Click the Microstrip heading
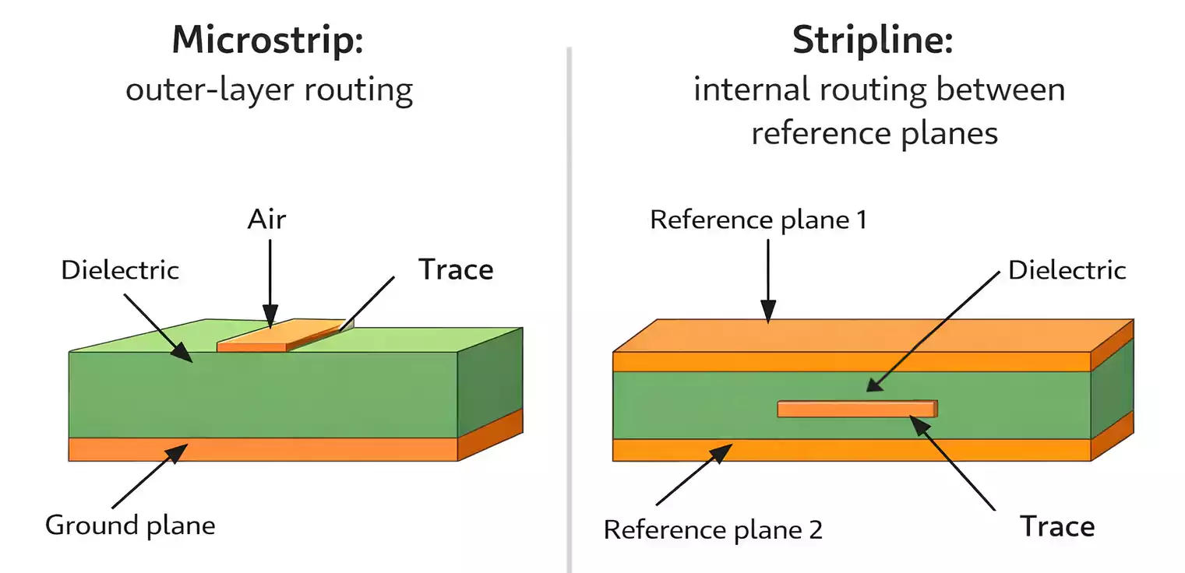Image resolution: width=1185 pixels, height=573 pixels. (268, 40)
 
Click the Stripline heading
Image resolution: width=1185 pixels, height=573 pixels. (873, 40)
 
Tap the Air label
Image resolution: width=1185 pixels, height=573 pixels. (266, 220)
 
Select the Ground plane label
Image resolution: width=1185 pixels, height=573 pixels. (130, 525)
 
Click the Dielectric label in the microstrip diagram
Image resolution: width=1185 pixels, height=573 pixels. (120, 270)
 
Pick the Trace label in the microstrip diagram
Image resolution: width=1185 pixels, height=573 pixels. (456, 269)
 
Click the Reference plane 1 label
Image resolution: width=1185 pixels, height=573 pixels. (758, 220)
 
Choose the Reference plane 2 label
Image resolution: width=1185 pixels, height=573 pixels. (713, 529)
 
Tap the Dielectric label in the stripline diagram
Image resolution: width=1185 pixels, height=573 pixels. (1067, 270)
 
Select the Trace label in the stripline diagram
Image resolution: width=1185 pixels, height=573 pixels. (1057, 527)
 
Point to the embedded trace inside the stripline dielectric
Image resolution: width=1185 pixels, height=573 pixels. (857, 409)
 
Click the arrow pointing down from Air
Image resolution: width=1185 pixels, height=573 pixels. (270, 280)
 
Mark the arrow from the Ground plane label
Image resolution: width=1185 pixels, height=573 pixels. (148, 475)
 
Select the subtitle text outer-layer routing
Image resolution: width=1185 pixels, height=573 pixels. (269, 90)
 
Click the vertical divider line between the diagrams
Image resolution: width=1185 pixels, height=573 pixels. (570, 311)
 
